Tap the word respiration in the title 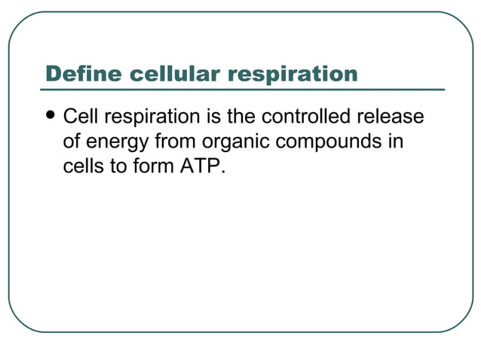click(293, 74)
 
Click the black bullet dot click(51, 117)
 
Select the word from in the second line click(176, 142)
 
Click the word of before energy click(72, 142)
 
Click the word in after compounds click(396, 142)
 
